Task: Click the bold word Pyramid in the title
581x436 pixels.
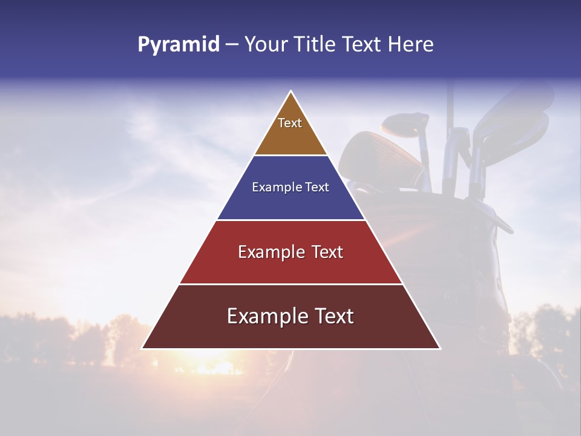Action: click(178, 45)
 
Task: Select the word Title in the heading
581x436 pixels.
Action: click(318, 45)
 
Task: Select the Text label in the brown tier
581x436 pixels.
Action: click(290, 123)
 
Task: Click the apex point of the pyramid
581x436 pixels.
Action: click(291, 91)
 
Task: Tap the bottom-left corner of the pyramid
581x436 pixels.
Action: click(142, 348)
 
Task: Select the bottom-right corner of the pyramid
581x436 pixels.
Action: click(440, 348)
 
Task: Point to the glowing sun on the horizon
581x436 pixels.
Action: click(218, 366)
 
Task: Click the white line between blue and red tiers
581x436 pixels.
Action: click(290, 220)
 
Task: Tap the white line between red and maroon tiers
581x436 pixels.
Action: click(290, 284)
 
